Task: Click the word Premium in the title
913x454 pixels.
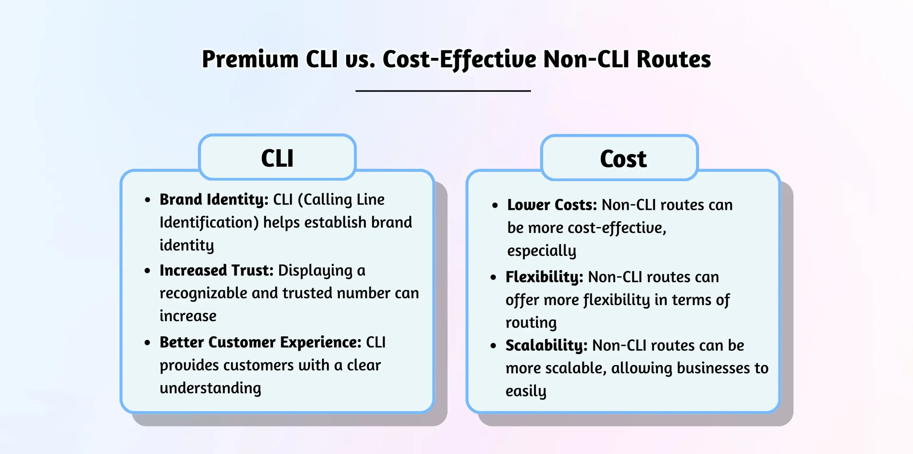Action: click(x=250, y=59)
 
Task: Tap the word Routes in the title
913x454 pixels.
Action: click(x=673, y=59)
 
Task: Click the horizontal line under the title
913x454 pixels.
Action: click(x=443, y=91)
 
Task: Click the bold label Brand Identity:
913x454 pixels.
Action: click(x=214, y=200)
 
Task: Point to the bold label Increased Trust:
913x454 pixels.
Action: click(x=216, y=271)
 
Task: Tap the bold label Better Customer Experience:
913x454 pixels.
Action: click(x=260, y=342)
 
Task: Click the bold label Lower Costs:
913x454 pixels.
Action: click(x=552, y=205)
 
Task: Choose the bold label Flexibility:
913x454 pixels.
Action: click(x=544, y=277)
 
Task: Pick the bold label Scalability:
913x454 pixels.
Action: click(x=546, y=345)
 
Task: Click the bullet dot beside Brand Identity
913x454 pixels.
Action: click(x=147, y=200)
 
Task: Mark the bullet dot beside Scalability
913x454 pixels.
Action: click(x=493, y=345)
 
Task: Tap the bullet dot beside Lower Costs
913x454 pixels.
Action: click(x=495, y=205)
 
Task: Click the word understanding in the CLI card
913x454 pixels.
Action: click(x=210, y=388)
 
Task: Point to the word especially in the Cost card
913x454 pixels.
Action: click(x=541, y=251)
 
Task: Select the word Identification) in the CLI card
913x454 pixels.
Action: click(x=209, y=222)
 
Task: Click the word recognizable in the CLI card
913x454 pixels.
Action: click(x=203, y=293)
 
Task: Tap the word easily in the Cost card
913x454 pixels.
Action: click(x=526, y=391)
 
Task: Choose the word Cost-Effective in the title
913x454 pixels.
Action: click(x=459, y=59)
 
